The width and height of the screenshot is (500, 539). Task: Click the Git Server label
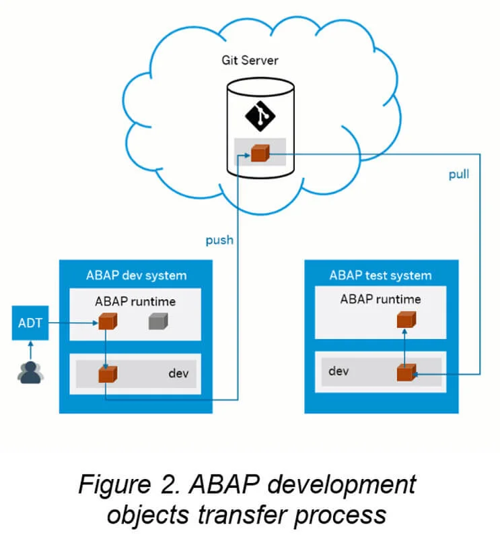click(250, 61)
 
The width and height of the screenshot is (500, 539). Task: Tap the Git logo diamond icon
click(260, 116)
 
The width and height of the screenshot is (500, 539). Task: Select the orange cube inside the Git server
click(260, 154)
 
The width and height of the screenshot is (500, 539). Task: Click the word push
click(219, 240)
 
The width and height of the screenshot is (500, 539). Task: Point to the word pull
click(459, 174)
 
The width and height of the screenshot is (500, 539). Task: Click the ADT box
click(30, 323)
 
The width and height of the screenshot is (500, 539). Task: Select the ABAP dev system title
click(136, 275)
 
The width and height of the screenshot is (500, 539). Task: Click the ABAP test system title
click(380, 275)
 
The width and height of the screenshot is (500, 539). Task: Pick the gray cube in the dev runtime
click(158, 322)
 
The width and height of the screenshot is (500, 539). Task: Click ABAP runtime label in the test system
click(381, 299)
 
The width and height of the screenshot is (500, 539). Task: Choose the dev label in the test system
click(338, 371)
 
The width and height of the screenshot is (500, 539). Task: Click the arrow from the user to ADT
click(30, 348)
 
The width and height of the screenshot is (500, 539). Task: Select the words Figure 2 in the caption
click(130, 485)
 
